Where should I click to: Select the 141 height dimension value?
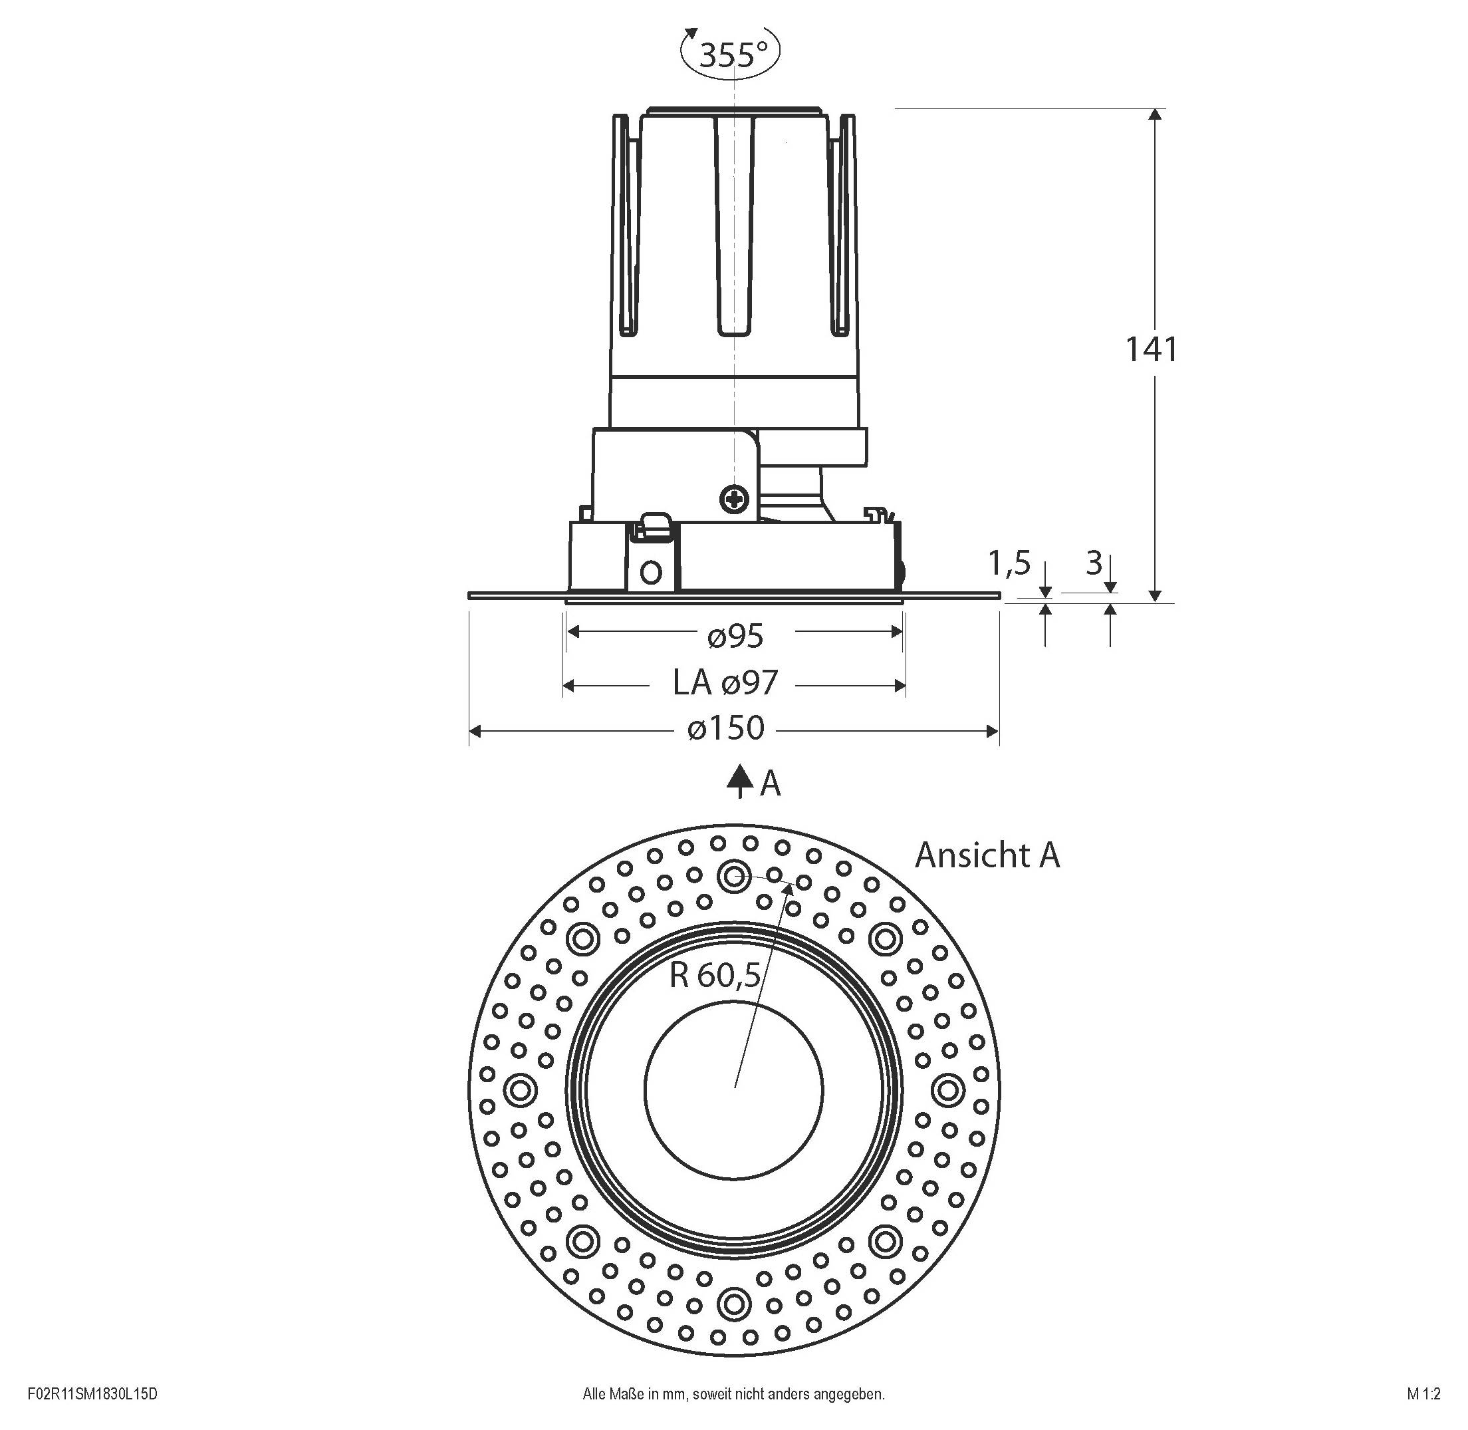[x=1151, y=349]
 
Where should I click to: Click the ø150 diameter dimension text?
[x=726, y=728]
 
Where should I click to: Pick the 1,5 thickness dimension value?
[x=1009, y=563]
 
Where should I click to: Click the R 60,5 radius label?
[x=714, y=976]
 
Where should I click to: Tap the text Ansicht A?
[x=987, y=855]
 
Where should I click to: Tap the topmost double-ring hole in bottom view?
[x=733, y=874]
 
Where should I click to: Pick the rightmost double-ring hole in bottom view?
[x=949, y=1089]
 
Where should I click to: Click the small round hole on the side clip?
[x=651, y=573]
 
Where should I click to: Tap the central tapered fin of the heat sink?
[x=733, y=225]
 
